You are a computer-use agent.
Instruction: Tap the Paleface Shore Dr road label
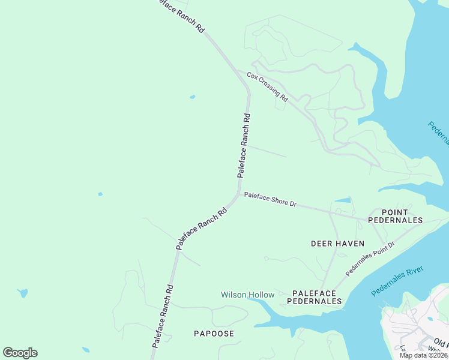coord(270,200)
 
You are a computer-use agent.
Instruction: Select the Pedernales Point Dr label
coord(370,259)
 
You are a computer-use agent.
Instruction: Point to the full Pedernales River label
coord(397,281)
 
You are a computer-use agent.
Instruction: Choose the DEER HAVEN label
coord(334,243)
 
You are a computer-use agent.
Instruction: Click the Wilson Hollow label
coord(247,295)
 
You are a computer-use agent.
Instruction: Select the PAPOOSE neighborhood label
coord(214,333)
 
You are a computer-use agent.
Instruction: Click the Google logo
coord(20,353)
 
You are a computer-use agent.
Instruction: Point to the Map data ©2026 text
coord(423,355)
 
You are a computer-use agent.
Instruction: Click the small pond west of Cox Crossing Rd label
coord(192,97)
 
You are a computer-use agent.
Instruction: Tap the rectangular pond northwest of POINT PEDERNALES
coord(343,200)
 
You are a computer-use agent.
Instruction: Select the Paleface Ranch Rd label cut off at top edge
coord(179,16)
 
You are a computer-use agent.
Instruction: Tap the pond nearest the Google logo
coord(86,350)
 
